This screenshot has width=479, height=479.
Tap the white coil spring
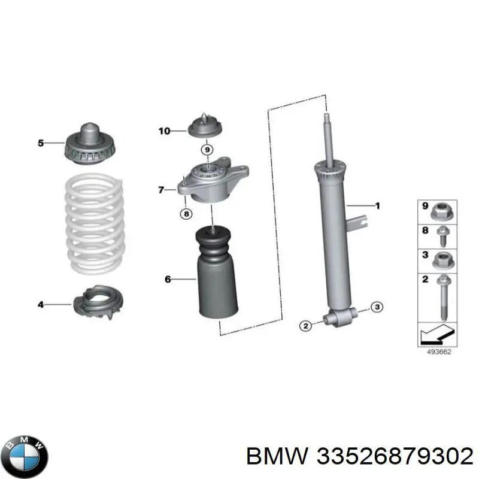point(95,223)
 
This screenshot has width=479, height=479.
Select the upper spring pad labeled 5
point(90,144)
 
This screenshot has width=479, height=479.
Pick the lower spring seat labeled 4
point(98,302)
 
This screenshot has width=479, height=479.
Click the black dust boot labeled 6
point(217,273)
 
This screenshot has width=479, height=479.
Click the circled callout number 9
point(207,150)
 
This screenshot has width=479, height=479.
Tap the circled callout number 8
point(186,214)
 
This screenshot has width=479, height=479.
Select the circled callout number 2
point(306,326)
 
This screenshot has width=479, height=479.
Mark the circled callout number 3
point(377,307)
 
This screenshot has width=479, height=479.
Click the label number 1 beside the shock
point(378,206)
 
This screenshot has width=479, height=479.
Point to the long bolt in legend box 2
point(442,297)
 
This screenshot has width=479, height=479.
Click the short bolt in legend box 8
point(442,235)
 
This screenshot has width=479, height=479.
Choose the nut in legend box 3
point(443,261)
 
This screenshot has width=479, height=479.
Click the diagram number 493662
point(439,352)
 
